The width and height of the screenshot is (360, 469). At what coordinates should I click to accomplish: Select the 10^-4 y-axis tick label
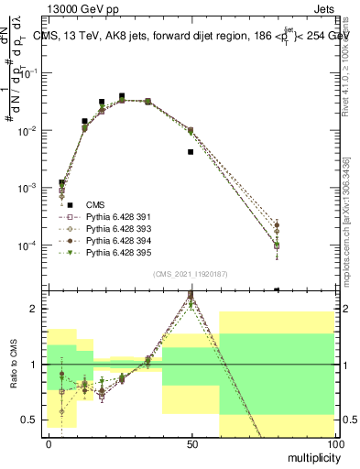click(32, 245)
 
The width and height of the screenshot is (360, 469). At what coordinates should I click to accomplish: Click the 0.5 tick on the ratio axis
click(33, 420)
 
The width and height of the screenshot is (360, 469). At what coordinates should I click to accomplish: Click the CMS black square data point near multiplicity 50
click(191, 152)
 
